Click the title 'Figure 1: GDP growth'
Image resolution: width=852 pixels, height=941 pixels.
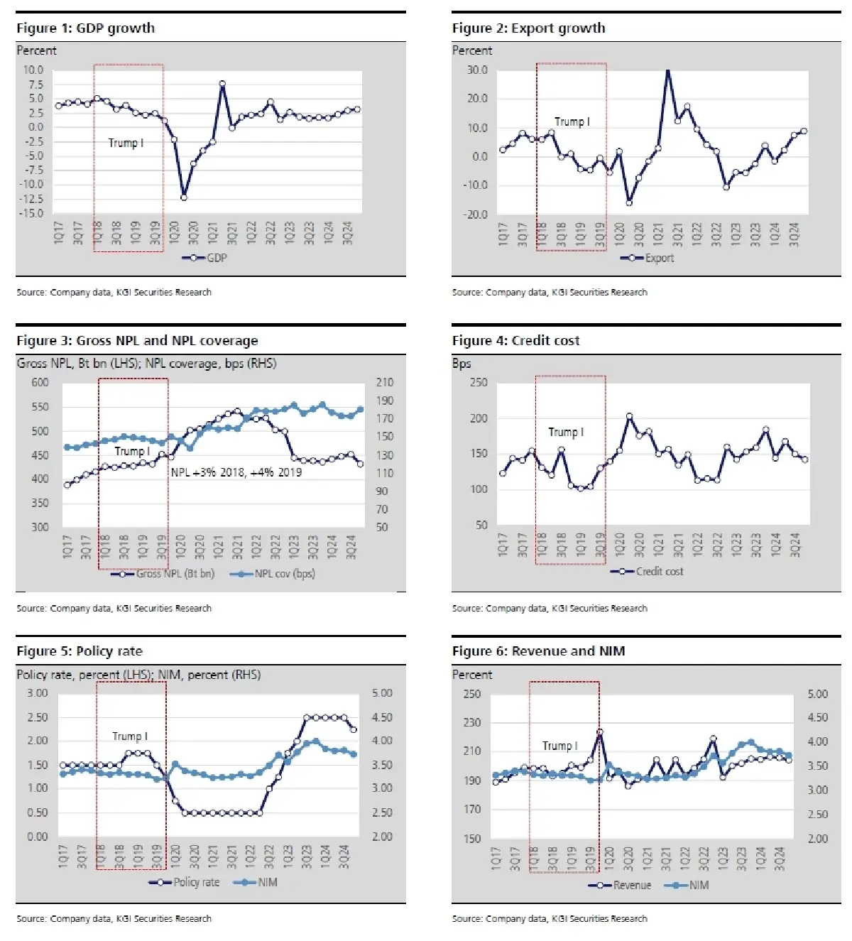(85, 28)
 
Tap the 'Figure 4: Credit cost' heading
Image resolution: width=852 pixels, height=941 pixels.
(515, 341)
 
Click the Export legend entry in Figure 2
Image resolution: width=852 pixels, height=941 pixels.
(647, 258)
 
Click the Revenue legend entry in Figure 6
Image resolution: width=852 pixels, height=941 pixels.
(620, 885)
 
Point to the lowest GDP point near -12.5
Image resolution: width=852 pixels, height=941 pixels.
(184, 197)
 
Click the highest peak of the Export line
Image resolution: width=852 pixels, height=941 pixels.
(667, 70)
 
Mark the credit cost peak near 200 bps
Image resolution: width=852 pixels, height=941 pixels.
(629, 416)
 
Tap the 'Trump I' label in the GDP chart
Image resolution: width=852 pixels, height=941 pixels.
(126, 143)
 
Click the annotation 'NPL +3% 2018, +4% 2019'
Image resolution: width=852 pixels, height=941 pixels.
(236, 472)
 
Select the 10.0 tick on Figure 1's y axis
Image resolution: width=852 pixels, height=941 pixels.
(33, 70)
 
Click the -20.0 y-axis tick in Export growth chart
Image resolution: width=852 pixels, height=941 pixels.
(476, 214)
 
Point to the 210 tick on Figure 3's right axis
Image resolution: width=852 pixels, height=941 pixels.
(383, 382)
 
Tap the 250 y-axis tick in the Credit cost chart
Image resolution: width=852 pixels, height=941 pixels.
(479, 382)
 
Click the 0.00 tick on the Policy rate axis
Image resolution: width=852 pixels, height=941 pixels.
(38, 837)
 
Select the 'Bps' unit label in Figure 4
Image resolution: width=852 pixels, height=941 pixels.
(461, 364)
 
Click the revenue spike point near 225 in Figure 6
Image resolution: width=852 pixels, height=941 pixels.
(600, 731)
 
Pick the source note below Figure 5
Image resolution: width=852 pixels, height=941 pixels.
(114, 918)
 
